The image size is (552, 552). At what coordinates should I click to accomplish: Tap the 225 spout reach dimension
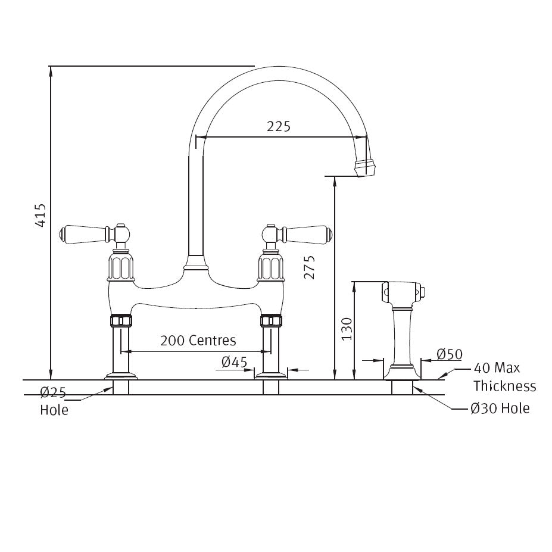click(278, 126)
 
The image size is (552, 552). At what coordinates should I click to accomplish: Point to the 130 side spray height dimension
click(347, 329)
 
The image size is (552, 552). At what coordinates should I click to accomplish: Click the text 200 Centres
click(198, 341)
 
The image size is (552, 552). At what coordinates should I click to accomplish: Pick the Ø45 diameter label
click(234, 361)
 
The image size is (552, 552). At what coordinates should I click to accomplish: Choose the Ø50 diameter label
click(449, 354)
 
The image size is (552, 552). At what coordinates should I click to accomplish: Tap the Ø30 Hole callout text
click(499, 408)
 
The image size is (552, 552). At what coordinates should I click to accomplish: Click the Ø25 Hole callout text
click(53, 401)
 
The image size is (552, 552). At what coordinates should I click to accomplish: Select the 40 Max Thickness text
click(504, 378)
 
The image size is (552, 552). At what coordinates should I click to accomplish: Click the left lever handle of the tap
click(83, 232)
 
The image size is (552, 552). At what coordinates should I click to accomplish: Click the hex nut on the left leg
click(121, 321)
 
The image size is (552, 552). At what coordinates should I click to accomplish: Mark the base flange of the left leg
click(121, 376)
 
